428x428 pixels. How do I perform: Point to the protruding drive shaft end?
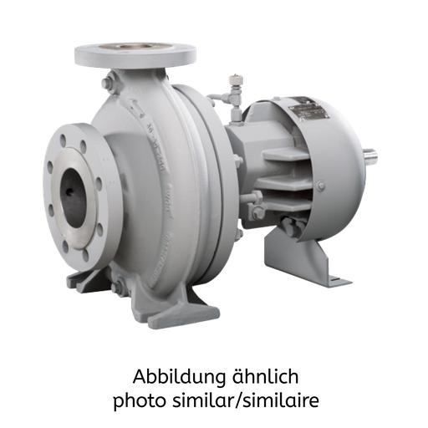(371, 156)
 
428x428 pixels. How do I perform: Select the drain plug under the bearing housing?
(288, 223)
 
